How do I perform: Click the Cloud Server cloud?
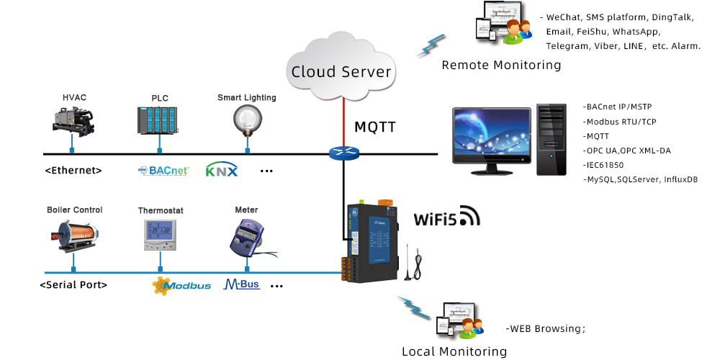pyautogui.click(x=341, y=68)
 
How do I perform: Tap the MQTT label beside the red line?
pyautogui.click(x=374, y=127)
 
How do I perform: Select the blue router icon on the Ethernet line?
pyautogui.click(x=343, y=153)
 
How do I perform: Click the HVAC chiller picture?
pyautogui.click(x=73, y=120)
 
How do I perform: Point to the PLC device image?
pyautogui.click(x=157, y=120)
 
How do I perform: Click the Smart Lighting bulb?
pyautogui.click(x=247, y=119)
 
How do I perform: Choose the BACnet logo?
pyautogui.click(x=163, y=171)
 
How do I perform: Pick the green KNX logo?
pyautogui.click(x=221, y=171)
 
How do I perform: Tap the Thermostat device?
pyautogui.click(x=160, y=234)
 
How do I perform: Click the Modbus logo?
pyautogui.click(x=181, y=285)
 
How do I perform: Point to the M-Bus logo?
pyautogui.click(x=241, y=284)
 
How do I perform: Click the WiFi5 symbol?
pyautogui.click(x=446, y=217)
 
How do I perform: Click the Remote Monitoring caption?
pyautogui.click(x=501, y=65)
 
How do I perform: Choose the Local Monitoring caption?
pyautogui.click(x=454, y=351)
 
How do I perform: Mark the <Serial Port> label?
pyautogui.click(x=73, y=285)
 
